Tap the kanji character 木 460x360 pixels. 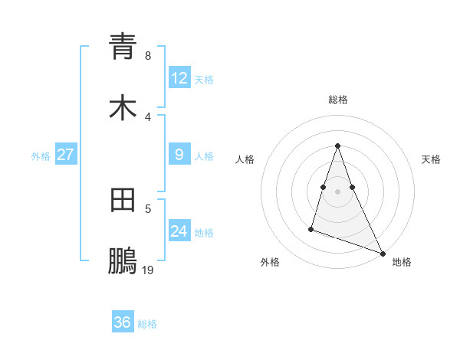[123, 109]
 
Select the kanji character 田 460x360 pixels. [123, 201]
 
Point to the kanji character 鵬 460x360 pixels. [123, 262]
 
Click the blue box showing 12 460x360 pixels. [179, 77]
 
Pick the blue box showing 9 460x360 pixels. [179, 155]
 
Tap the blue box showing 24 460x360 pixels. [179, 231]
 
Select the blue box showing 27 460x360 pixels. [65, 155]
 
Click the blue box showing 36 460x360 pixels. [123, 322]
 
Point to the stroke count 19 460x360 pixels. [148, 270]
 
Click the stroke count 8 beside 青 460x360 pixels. [148, 55]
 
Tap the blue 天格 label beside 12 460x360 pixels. [204, 79]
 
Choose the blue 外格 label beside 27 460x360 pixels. [41, 155]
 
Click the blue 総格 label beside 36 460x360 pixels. [147, 323]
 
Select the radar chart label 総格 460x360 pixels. [338, 100]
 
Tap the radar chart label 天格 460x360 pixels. [432, 159]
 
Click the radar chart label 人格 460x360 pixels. [245, 159]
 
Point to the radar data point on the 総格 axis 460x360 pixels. [338, 145]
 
